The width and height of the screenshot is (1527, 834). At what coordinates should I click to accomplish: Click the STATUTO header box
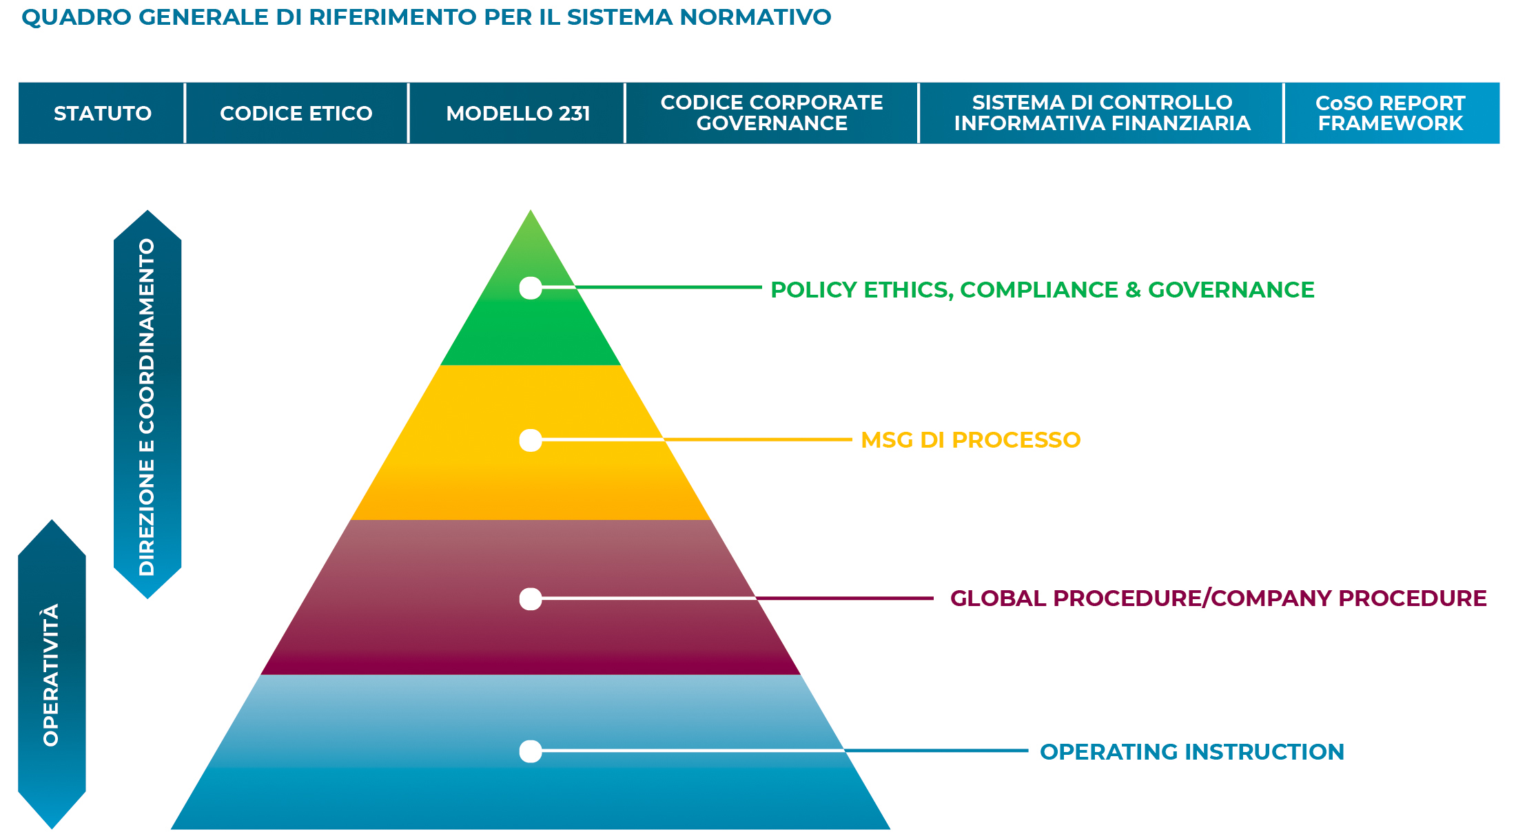pos(102,113)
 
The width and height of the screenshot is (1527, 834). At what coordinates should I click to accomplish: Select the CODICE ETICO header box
pos(296,113)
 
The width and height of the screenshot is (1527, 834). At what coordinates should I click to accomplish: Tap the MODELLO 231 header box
pos(517,113)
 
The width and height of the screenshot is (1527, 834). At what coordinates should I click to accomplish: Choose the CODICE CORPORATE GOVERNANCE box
pos(772,113)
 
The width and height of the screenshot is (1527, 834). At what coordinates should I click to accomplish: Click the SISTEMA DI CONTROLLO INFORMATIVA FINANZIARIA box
pos(1101,113)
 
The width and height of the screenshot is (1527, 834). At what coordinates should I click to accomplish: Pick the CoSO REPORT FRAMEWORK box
pos(1391,113)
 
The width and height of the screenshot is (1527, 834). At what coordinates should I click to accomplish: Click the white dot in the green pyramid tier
pos(531,288)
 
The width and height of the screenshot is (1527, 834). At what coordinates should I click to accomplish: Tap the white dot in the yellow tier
pos(531,440)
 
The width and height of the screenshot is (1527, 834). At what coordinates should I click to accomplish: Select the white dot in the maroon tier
pos(531,599)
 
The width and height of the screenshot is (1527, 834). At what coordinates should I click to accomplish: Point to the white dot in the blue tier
pos(531,751)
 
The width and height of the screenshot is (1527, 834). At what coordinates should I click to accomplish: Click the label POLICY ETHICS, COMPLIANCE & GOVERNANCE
pos(1042,290)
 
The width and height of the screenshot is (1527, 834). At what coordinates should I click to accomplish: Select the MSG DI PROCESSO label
pos(970,440)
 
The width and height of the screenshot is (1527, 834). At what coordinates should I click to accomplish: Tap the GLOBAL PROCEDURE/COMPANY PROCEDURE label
pos(1218,598)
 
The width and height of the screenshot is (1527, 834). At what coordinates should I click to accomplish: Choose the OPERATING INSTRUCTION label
pos(1191,752)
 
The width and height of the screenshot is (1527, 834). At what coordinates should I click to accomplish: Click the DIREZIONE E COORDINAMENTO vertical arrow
pos(147,405)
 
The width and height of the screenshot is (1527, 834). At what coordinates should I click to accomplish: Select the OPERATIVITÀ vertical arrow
pos(52,675)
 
